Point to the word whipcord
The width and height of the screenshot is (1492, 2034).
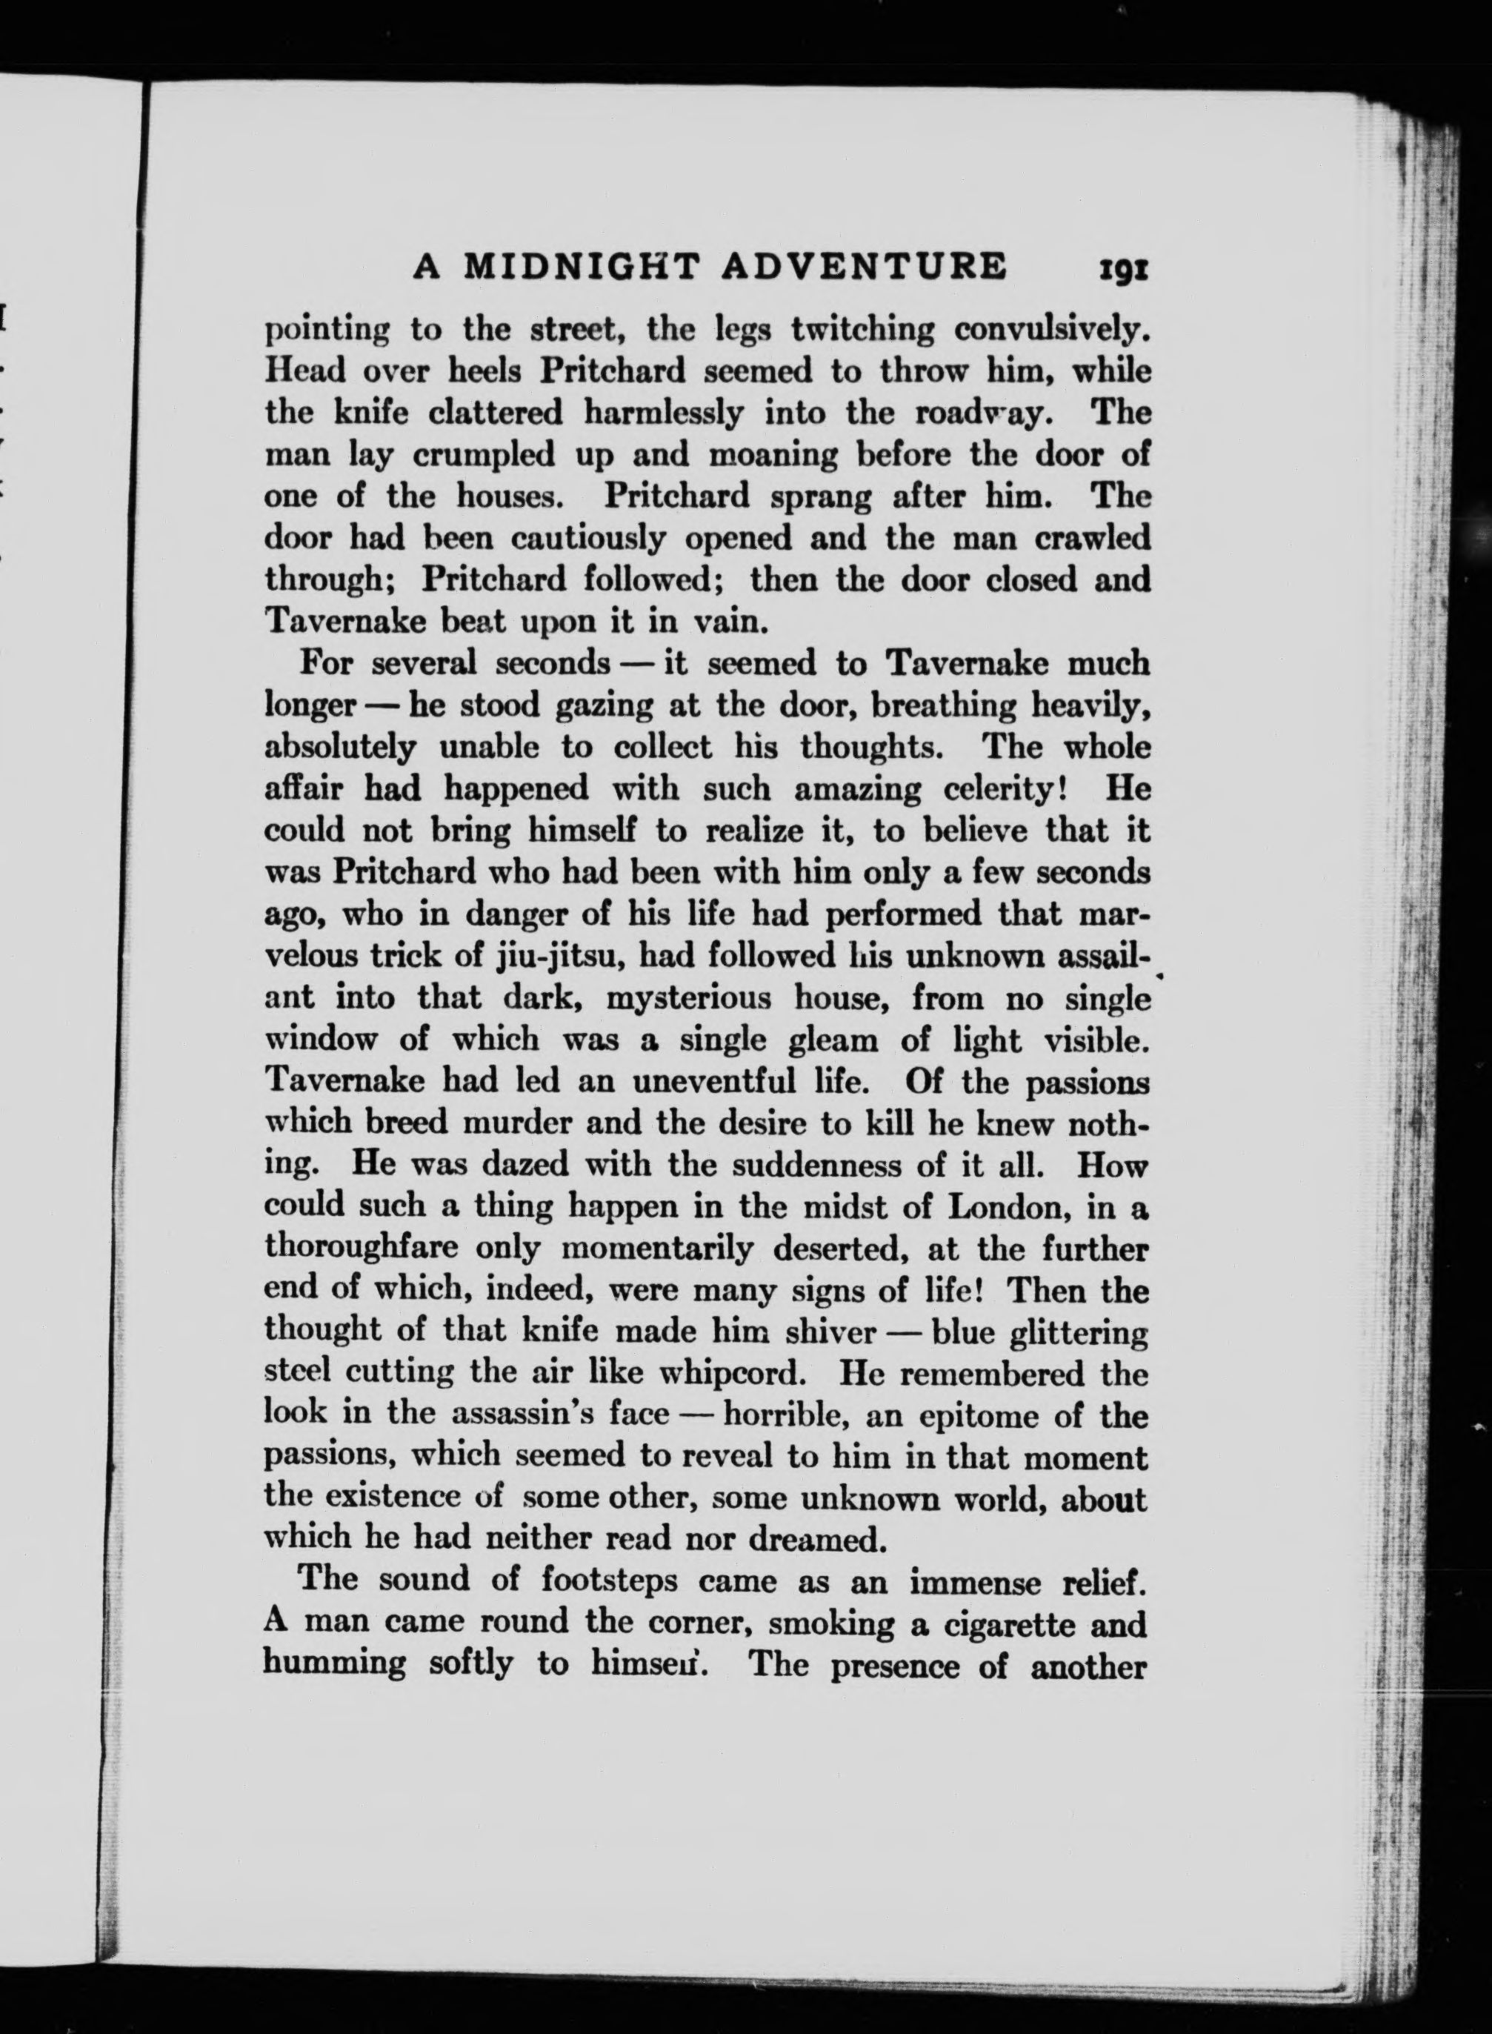click(730, 1374)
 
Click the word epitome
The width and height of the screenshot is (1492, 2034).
click(976, 1416)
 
